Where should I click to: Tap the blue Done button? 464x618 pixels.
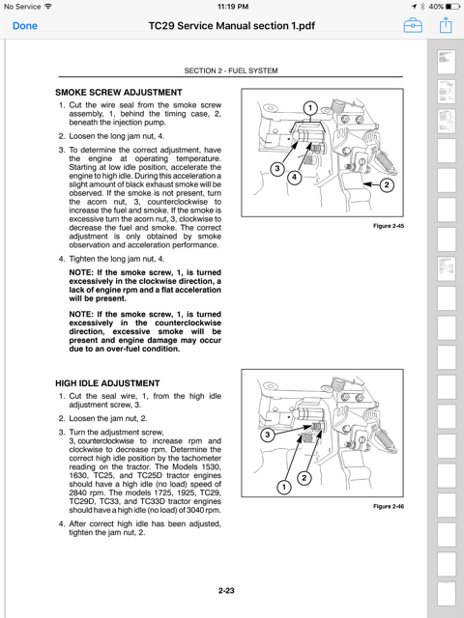25,26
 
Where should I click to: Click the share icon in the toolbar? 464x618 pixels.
446,25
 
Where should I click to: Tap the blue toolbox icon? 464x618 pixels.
413,26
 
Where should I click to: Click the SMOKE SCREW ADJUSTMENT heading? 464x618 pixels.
119,93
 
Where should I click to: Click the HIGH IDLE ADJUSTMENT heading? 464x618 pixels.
107,383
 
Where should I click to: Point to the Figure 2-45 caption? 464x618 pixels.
389,226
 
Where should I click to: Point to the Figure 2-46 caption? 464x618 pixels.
389,506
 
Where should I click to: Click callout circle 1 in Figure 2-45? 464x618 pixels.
310,107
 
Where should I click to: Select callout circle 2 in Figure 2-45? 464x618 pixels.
387,184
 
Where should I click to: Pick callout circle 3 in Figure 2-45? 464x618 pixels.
277,169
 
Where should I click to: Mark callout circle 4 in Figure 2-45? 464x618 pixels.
294,177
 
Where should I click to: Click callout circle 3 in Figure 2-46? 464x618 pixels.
268,435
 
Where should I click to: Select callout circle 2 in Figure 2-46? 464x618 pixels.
304,478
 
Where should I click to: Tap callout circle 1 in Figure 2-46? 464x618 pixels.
283,487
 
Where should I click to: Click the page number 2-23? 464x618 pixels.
226,590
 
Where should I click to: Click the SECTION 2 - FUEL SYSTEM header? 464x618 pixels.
231,70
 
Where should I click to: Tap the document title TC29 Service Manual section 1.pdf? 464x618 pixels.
232,26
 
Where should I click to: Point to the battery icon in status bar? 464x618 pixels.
452,7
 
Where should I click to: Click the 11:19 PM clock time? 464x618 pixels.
233,7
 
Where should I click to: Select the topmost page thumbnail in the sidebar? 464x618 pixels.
447,62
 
